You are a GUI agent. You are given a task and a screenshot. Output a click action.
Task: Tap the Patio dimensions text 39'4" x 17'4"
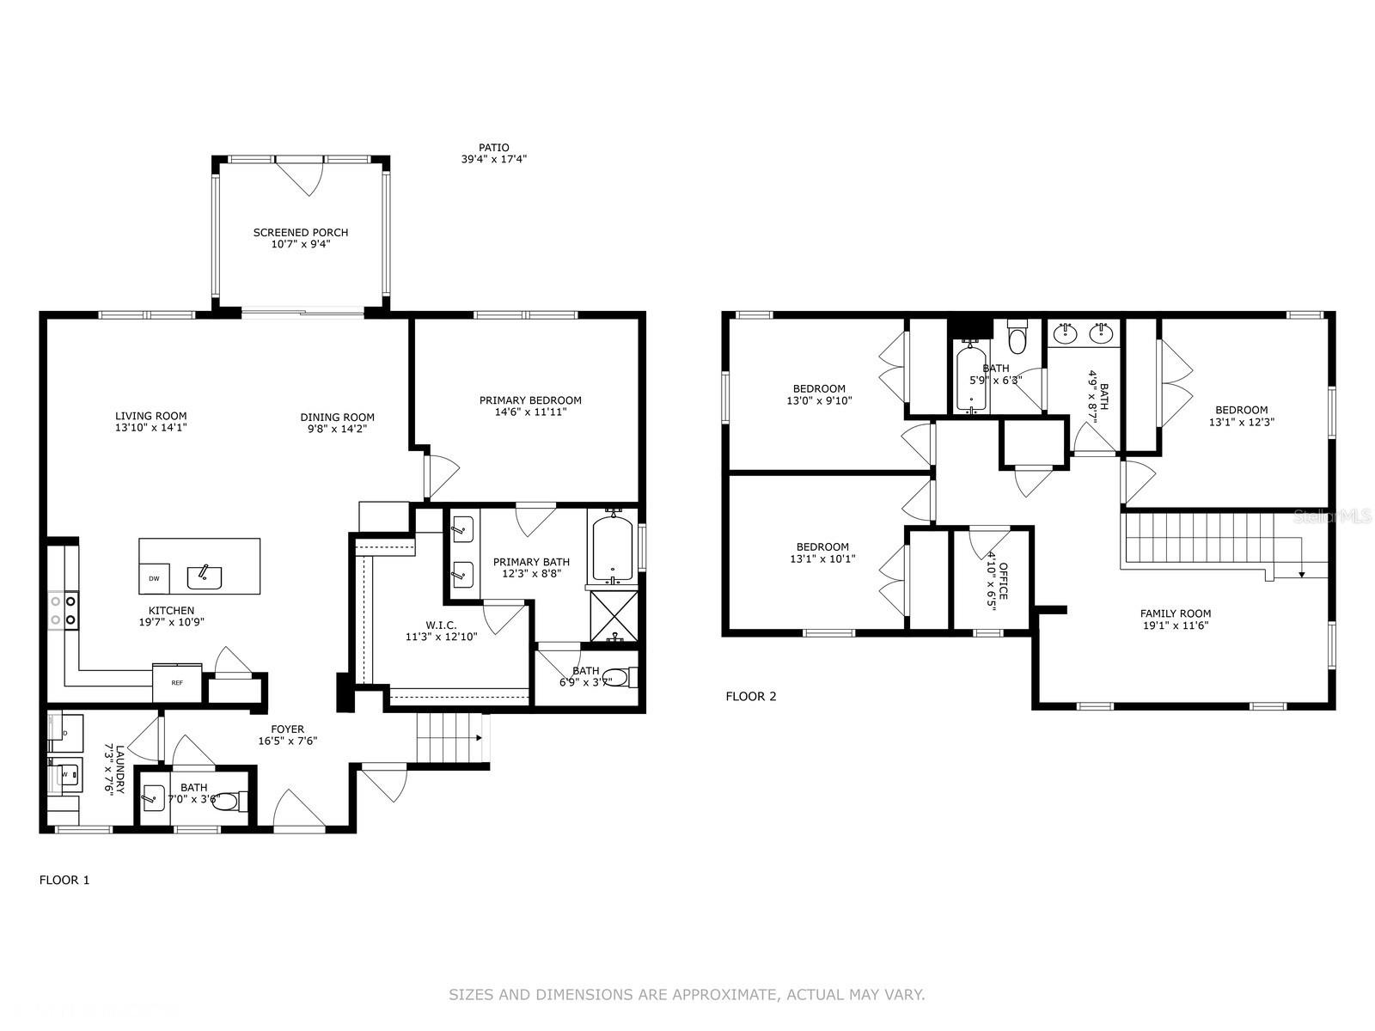(494, 159)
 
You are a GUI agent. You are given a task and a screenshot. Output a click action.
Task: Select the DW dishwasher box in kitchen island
(155, 578)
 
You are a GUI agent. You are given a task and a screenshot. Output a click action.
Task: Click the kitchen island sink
(205, 577)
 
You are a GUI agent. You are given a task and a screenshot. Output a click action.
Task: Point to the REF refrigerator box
(177, 682)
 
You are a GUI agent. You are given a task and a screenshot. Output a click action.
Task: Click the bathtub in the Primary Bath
(612, 546)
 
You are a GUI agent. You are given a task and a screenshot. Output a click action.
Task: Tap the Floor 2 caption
(751, 696)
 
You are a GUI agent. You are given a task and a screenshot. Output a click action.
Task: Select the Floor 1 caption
(64, 880)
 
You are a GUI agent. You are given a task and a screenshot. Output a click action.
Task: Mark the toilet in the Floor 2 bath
(1017, 338)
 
